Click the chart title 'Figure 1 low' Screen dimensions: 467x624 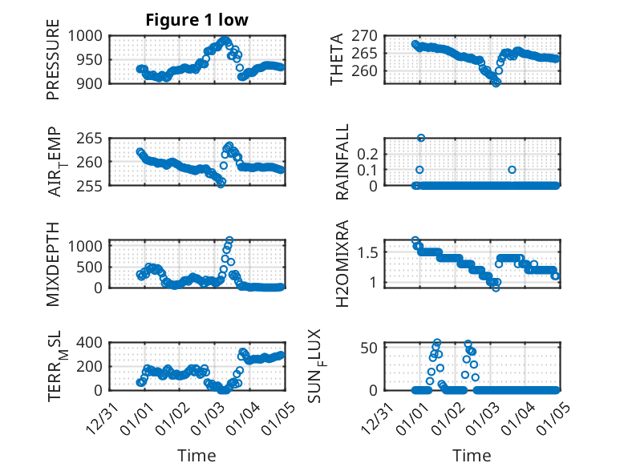pyautogui.click(x=197, y=20)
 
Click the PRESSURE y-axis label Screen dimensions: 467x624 pyautogui.click(x=54, y=65)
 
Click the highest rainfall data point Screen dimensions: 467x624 pyautogui.click(x=421, y=138)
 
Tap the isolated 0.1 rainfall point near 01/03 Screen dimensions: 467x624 pyautogui.click(x=512, y=170)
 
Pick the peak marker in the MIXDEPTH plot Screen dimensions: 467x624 pyautogui.click(x=229, y=240)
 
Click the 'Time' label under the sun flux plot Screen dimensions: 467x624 pyautogui.click(x=472, y=455)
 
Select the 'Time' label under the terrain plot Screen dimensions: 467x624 pyautogui.click(x=197, y=455)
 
